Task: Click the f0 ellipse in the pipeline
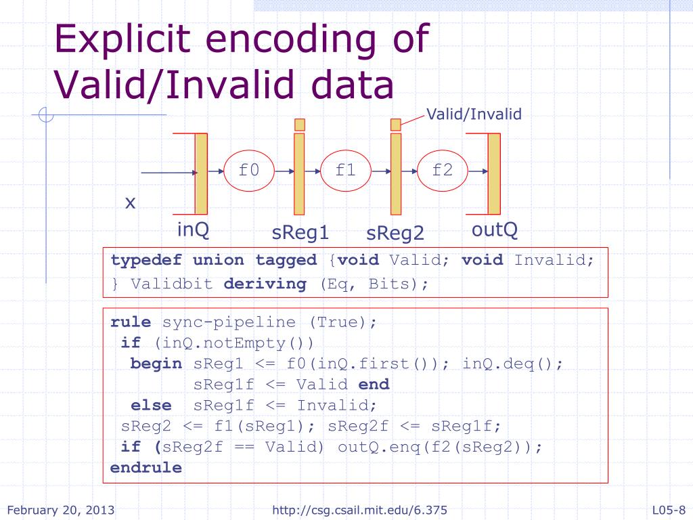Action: [249, 171]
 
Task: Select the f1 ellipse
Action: [346, 171]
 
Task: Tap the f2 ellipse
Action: [443, 171]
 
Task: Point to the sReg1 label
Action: [300, 233]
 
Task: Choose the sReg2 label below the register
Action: [395, 234]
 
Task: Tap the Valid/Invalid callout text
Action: [473, 114]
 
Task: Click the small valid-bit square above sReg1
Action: [300, 125]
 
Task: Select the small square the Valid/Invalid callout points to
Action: [396, 124]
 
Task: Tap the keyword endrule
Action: [146, 468]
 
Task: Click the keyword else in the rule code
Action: [151, 406]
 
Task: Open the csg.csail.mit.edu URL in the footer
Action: [359, 510]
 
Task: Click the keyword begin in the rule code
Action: [156, 364]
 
